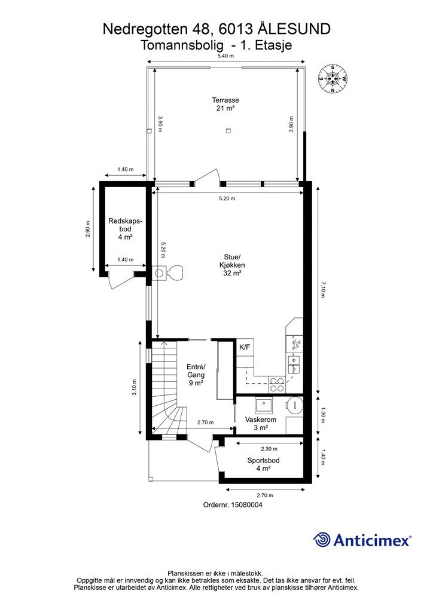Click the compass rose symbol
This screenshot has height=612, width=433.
pyautogui.click(x=333, y=78)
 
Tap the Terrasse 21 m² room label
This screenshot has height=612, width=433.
pyautogui.click(x=225, y=104)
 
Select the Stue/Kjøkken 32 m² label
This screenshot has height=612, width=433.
pyautogui.click(x=232, y=265)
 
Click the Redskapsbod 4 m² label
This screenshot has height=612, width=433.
pyautogui.click(x=125, y=229)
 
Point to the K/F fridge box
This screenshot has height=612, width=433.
pyautogui.click(x=245, y=347)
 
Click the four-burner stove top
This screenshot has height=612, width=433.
pyautogui.click(x=277, y=384)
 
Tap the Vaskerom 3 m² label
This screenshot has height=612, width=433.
pyautogui.click(x=260, y=424)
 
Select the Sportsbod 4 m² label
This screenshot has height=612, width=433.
pyautogui.click(x=263, y=464)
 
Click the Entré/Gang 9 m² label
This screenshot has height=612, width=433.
pyautogui.click(x=196, y=375)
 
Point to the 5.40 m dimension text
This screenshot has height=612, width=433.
pyautogui.click(x=225, y=56)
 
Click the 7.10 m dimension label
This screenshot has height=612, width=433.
pyautogui.click(x=323, y=289)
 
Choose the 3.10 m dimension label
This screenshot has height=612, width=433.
pyautogui.click(x=134, y=387)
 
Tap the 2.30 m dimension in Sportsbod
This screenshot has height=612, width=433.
pyautogui.click(x=269, y=449)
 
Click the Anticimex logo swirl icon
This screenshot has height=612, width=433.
pyautogui.click(x=322, y=540)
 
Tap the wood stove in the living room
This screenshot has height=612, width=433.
pyautogui.click(x=169, y=273)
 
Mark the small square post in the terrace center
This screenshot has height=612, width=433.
pyautogui.click(x=228, y=131)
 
